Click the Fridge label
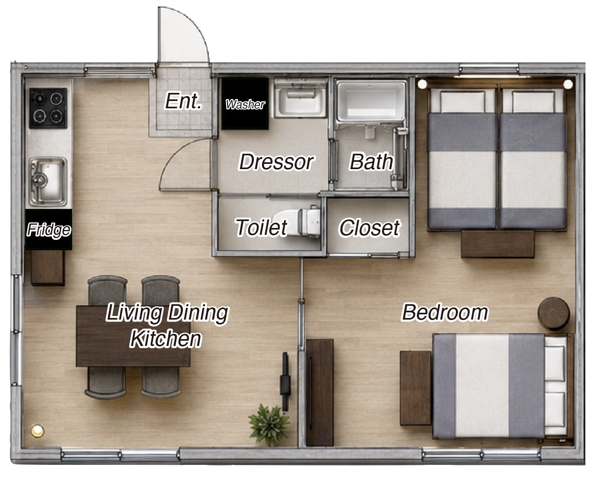click(49, 230)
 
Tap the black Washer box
click(245, 104)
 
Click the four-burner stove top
click(48, 108)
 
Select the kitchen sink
click(48, 182)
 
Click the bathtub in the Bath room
click(370, 101)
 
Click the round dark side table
click(554, 313)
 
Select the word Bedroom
click(445, 312)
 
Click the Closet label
click(369, 228)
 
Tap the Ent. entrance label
click(183, 101)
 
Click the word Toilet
click(261, 227)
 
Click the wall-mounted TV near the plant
click(285, 381)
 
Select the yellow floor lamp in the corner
click(37, 430)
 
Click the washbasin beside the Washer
click(301, 99)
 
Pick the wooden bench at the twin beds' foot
click(498, 244)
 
